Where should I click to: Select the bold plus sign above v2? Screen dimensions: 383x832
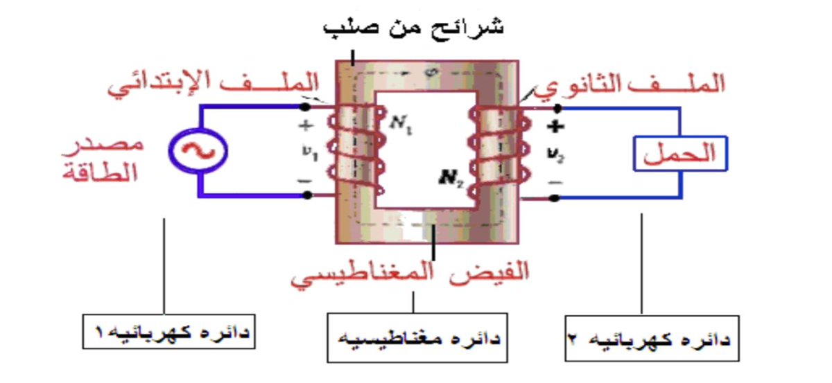[557, 127]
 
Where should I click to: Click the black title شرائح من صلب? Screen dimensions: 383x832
[415, 28]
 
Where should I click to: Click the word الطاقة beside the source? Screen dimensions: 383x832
[104, 173]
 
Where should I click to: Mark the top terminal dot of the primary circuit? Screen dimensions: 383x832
[306, 107]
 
